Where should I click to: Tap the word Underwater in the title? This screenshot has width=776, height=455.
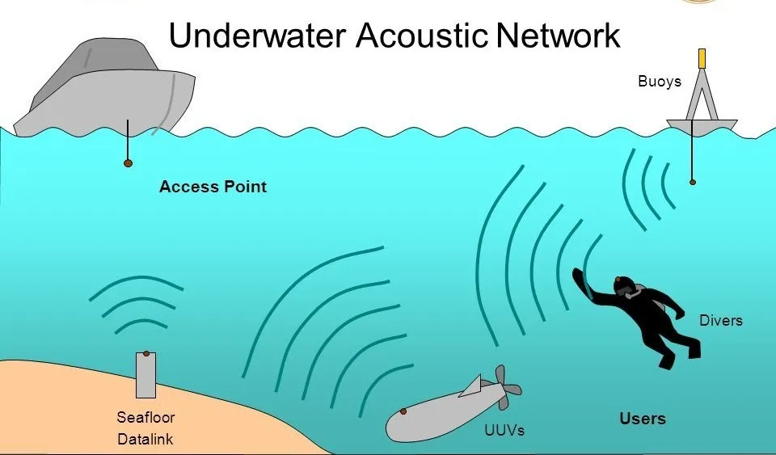pyautogui.click(x=257, y=36)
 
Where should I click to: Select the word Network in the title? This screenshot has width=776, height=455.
pyautogui.click(x=558, y=36)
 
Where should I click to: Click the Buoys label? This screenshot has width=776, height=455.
pyautogui.click(x=660, y=82)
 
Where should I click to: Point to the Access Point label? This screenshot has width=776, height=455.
pyautogui.click(x=213, y=187)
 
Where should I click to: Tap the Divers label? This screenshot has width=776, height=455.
pyautogui.click(x=720, y=321)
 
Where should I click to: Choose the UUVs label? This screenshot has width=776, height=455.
pyautogui.click(x=504, y=430)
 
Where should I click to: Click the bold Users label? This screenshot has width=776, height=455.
pyautogui.click(x=643, y=419)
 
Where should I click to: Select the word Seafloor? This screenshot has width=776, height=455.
pyautogui.click(x=145, y=417)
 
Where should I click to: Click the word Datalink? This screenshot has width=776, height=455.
pyautogui.click(x=145, y=439)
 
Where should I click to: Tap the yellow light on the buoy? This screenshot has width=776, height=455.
pyautogui.click(x=702, y=58)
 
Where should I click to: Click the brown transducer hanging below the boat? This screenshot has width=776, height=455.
pyautogui.click(x=128, y=163)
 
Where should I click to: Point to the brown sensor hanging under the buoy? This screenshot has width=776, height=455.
pyautogui.click(x=693, y=182)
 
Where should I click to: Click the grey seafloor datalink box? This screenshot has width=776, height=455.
pyautogui.click(x=146, y=375)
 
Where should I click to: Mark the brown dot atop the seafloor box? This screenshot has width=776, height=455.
pyautogui.click(x=146, y=354)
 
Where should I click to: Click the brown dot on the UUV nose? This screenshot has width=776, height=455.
pyautogui.click(x=403, y=411)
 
